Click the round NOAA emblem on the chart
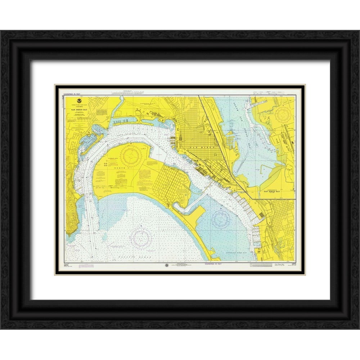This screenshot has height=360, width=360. coord(74,103)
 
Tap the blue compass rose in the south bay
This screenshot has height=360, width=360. coord(221,219)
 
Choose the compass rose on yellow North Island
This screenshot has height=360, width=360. coord(130,155)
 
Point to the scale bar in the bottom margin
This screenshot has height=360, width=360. coord(262,265)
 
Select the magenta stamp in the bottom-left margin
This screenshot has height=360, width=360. coord(87,266)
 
